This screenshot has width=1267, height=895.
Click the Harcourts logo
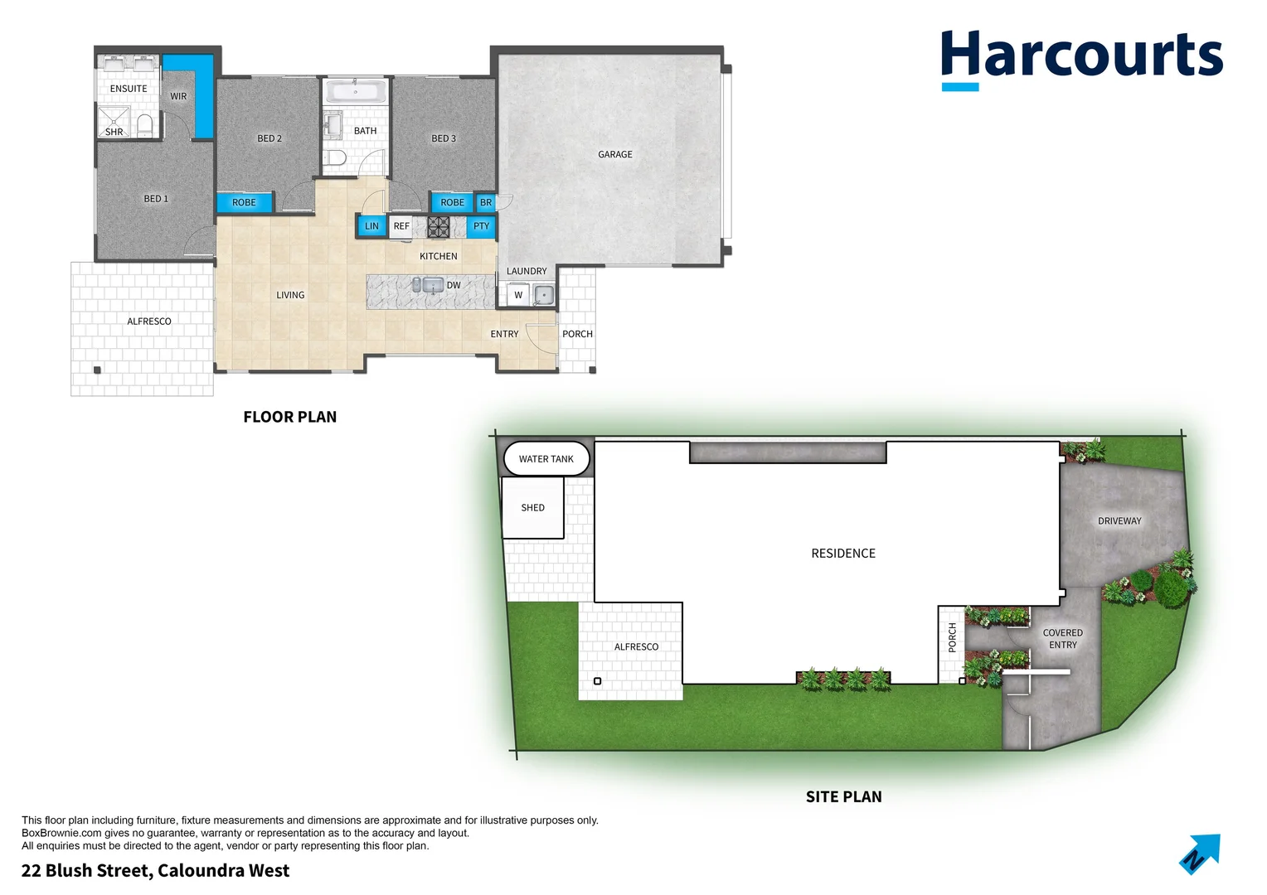[1081, 56]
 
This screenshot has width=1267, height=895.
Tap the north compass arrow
[1200, 854]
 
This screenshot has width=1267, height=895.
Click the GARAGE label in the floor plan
[614, 154]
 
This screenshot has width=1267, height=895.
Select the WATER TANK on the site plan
[546, 458]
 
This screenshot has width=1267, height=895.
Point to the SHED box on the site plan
[532, 507]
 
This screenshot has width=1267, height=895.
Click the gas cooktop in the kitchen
[438, 226]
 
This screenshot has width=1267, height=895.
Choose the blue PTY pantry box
[481, 226]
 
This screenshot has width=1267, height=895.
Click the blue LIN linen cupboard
[371, 226]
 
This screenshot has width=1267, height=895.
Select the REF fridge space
[401, 226]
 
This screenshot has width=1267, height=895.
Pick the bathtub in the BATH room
[356, 91]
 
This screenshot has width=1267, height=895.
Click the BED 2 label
[269, 138]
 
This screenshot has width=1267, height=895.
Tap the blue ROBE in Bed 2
[244, 202]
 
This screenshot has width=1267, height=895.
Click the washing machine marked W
[518, 295]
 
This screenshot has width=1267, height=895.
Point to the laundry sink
[543, 294]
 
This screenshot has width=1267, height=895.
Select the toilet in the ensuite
[145, 125]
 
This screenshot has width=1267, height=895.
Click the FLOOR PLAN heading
[289, 417]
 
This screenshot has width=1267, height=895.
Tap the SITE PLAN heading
[843, 796]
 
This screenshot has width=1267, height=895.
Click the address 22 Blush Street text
[155, 870]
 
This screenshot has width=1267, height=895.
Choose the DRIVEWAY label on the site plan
[1119, 520]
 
